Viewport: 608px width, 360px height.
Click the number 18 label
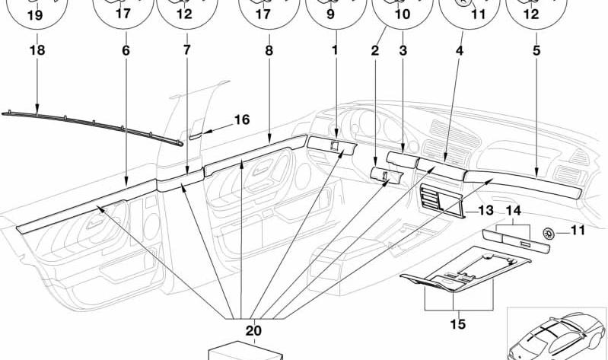[x=37, y=51]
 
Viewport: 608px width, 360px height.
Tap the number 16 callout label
[x=241, y=119]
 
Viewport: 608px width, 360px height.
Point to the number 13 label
[x=485, y=210]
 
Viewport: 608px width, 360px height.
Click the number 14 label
[x=514, y=210]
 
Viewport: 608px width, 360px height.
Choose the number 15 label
[x=458, y=323]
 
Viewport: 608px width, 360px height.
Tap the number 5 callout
[x=536, y=51]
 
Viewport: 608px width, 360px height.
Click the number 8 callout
[x=269, y=51]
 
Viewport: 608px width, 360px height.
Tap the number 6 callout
[x=126, y=51]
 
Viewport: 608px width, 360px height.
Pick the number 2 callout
[x=375, y=51]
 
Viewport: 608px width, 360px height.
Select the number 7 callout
[x=186, y=51]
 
